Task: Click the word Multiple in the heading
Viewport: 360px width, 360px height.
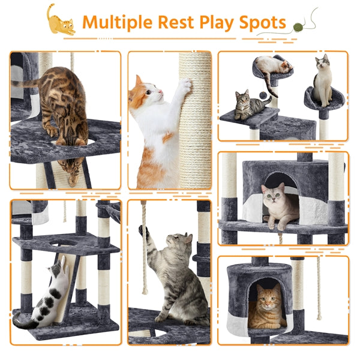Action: tap(117, 22)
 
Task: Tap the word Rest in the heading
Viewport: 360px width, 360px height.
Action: tap(175, 22)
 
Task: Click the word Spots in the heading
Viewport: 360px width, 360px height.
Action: tap(262, 22)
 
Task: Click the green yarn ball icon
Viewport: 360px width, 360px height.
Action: tap(298, 27)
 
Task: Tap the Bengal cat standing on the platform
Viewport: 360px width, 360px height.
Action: tap(63, 105)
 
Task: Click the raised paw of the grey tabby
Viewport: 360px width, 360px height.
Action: tap(145, 231)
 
